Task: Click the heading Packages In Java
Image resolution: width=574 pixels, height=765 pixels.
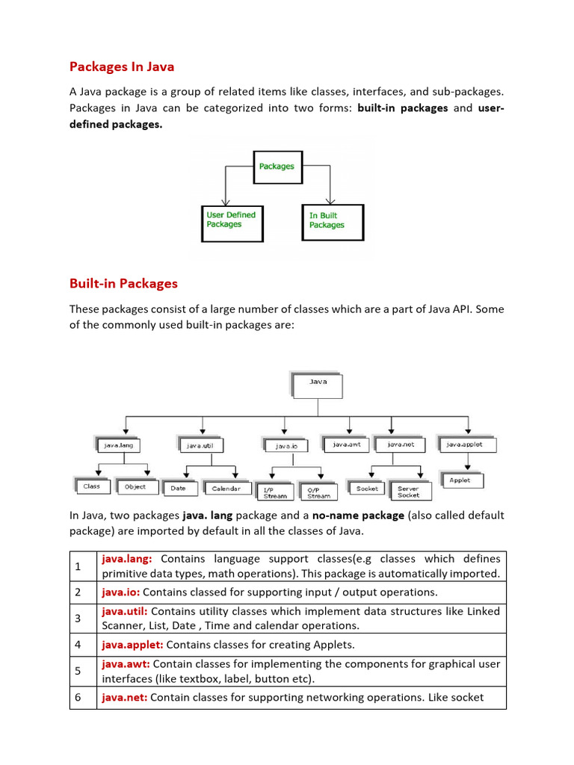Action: coord(122,67)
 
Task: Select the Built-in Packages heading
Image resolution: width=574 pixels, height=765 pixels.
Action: coord(123,284)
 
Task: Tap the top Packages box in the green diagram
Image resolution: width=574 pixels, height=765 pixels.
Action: coord(277,167)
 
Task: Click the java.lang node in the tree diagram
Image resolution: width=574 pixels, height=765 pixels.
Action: coord(120,445)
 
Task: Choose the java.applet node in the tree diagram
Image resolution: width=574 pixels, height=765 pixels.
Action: coord(465,445)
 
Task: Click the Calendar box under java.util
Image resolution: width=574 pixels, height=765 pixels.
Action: coord(226,489)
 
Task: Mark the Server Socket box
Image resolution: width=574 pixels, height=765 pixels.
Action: coord(410,492)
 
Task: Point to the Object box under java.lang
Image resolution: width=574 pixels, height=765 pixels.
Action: coord(135,487)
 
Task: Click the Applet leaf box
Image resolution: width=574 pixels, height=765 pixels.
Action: coord(460,480)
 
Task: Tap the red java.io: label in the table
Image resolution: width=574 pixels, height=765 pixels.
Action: coord(119,592)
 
